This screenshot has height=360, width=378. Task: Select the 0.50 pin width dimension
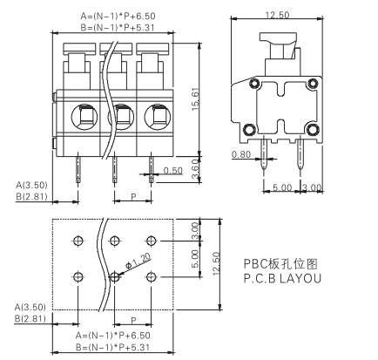172,172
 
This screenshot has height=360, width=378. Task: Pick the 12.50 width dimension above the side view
277,15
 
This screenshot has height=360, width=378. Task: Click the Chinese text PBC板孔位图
288,262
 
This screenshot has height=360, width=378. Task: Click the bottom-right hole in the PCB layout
152,276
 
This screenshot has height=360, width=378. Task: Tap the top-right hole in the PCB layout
152,240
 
